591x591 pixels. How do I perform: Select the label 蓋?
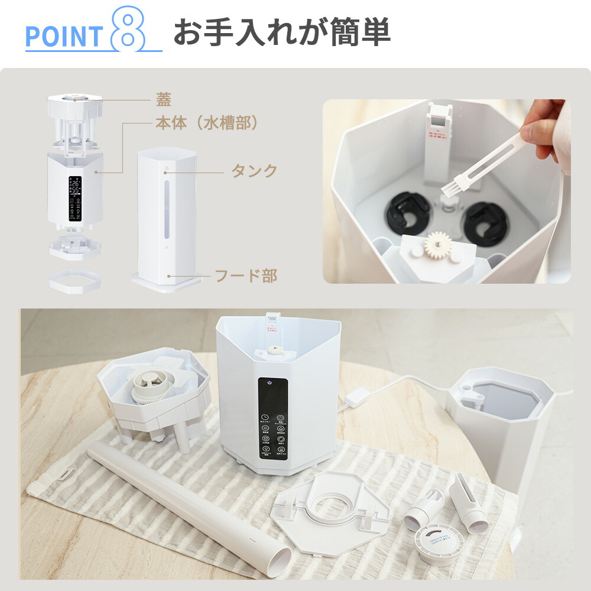click(x=163, y=99)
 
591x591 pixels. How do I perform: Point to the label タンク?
click(x=254, y=171)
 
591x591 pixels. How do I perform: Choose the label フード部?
click(x=245, y=275)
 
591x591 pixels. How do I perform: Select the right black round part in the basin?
click(x=485, y=223)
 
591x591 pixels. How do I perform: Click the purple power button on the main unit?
click(x=269, y=382)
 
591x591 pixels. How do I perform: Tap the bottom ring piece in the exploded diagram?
click(x=74, y=281)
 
